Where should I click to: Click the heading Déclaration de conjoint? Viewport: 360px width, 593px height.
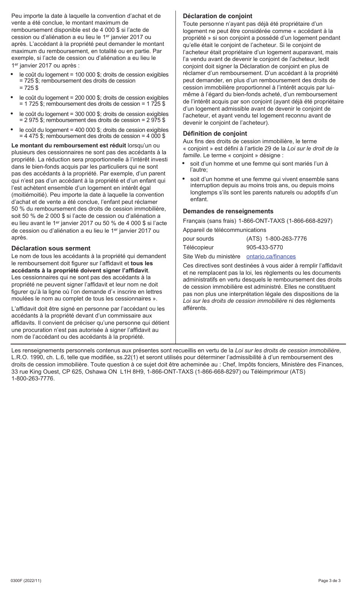[218, 16]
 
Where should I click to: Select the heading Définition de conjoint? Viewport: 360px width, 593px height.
[215, 133]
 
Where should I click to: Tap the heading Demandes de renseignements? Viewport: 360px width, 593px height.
[228, 211]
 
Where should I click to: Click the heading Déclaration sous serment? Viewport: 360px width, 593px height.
[51, 248]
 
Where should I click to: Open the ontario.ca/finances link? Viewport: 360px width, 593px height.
[271, 257]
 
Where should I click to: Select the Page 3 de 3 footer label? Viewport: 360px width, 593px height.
[329, 580]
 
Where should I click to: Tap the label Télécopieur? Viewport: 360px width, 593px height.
[198, 247]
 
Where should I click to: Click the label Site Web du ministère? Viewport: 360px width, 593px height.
[211, 257]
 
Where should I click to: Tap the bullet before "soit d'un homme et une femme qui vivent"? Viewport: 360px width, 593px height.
[184, 179]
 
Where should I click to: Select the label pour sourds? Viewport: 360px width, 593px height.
[198, 239]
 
